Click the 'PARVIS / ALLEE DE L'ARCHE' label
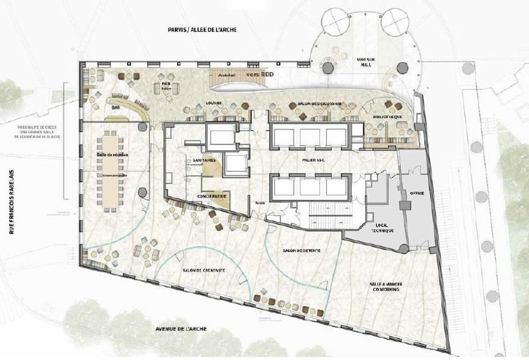point(202,30)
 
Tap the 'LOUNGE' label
point(214,103)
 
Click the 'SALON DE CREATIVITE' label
point(204,270)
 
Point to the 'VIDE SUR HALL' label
point(365,61)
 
